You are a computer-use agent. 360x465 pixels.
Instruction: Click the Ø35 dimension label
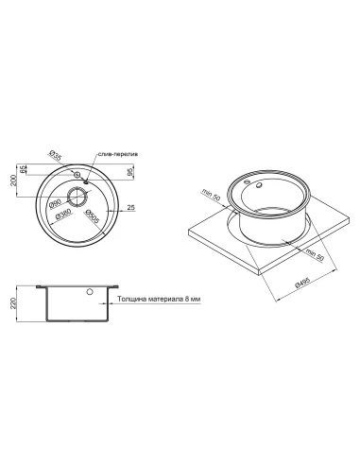tap(55, 156)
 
